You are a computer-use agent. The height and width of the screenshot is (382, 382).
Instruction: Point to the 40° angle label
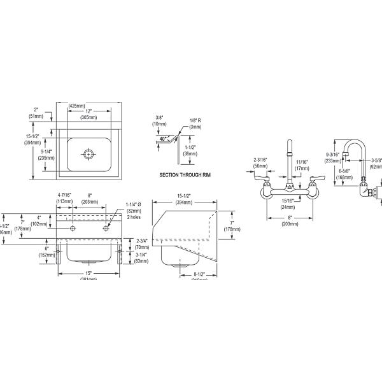(x=163, y=138)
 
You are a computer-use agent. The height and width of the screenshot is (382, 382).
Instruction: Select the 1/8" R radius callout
(x=195, y=123)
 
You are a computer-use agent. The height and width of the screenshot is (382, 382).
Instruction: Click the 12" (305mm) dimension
(x=88, y=114)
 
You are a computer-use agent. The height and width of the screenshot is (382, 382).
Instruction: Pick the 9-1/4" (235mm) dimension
(x=46, y=155)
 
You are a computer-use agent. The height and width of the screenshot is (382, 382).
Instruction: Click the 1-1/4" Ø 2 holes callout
(x=134, y=210)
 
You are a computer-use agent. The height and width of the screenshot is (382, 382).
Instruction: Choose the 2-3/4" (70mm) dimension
(x=143, y=244)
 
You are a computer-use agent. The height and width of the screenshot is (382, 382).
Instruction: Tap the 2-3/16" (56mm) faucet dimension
(x=260, y=162)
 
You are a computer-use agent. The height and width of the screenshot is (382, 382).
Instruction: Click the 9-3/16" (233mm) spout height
(x=332, y=157)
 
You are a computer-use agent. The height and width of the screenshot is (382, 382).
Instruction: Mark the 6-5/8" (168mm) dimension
(x=345, y=174)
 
